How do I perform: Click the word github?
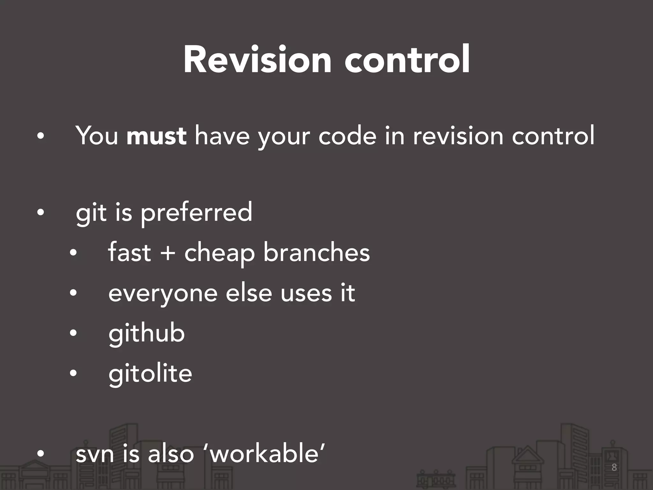click(x=147, y=334)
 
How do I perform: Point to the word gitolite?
click(x=150, y=374)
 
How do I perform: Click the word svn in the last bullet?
click(x=95, y=454)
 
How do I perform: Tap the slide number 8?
click(x=614, y=468)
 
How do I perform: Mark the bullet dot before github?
click(x=73, y=333)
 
